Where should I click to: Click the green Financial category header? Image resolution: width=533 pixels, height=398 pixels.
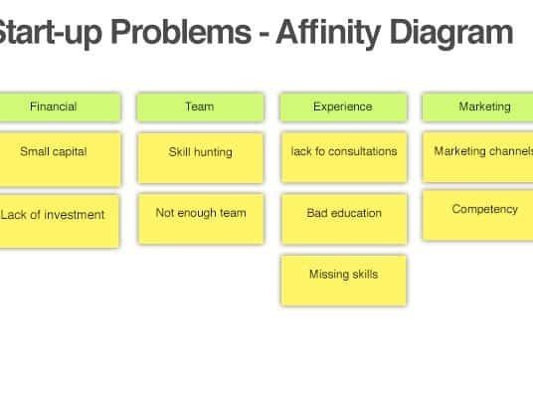(61, 106)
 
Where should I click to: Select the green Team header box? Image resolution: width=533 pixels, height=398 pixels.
(200, 106)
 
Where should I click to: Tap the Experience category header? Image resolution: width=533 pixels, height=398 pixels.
(343, 106)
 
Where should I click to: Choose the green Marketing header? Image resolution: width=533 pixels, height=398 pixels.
(477, 106)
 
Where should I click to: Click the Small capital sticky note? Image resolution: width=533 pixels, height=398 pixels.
(61, 159)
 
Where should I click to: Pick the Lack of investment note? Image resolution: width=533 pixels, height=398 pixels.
(60, 221)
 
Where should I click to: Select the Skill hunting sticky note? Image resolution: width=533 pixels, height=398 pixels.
(201, 158)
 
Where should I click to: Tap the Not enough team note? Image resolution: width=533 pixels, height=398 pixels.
(201, 219)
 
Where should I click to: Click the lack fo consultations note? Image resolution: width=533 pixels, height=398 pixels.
(344, 157)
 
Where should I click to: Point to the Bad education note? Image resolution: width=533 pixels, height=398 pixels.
(344, 219)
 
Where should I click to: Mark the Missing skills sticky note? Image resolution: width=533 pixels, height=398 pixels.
(344, 281)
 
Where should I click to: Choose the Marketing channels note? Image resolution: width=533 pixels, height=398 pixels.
(477, 157)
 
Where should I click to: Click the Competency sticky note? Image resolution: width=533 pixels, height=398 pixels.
(477, 215)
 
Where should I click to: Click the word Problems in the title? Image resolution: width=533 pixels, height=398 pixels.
(181, 33)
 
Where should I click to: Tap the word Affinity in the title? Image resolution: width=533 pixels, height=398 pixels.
(328, 33)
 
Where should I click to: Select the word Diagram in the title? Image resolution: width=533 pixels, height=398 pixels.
(451, 33)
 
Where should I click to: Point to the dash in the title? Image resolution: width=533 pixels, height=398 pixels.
(264, 35)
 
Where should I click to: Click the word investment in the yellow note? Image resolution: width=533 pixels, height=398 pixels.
(75, 215)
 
